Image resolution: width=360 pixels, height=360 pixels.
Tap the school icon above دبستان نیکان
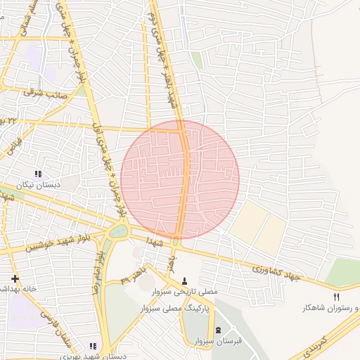(x=38, y=174)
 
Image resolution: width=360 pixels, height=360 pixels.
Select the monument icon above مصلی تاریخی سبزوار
(x=185, y=280)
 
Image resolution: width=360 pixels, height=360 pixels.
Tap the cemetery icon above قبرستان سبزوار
(x=217, y=330)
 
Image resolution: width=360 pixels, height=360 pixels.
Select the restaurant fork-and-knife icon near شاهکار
(x=336, y=297)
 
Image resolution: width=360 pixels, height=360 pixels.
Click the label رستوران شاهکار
(x=330, y=308)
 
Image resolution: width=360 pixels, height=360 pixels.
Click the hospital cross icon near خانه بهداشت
(x=15, y=278)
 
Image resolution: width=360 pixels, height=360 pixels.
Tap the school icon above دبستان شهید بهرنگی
(x=93, y=345)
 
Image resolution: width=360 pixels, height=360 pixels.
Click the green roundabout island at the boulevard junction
(x=120, y=231)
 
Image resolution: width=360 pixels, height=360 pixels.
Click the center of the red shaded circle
(x=180, y=180)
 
